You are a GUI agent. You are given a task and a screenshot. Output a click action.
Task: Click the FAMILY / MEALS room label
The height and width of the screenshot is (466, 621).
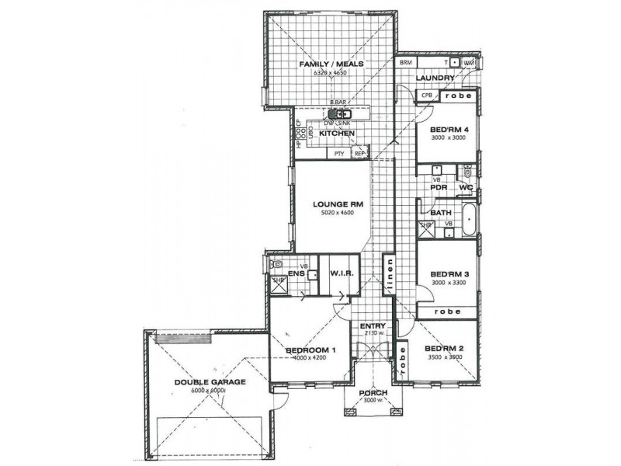coord(331,64)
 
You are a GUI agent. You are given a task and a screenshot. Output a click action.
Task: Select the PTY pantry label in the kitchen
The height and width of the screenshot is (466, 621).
coord(339,154)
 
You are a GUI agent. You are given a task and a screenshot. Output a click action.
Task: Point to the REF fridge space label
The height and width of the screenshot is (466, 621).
coord(359,154)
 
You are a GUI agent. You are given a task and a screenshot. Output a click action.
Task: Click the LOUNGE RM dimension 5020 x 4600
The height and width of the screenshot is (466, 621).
coord(333,212)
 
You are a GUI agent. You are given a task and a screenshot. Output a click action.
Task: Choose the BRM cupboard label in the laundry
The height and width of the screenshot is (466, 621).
coord(405,62)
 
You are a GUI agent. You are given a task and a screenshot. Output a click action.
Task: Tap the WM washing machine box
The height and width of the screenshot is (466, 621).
coord(469,62)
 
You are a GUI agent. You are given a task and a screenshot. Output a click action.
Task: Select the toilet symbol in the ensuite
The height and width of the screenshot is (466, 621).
coord(276,265)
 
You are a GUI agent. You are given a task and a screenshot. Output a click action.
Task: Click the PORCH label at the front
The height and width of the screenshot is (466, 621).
coord(373,393)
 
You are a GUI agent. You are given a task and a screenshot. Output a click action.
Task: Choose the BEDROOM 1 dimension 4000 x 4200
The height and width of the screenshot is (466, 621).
coord(310,358)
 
